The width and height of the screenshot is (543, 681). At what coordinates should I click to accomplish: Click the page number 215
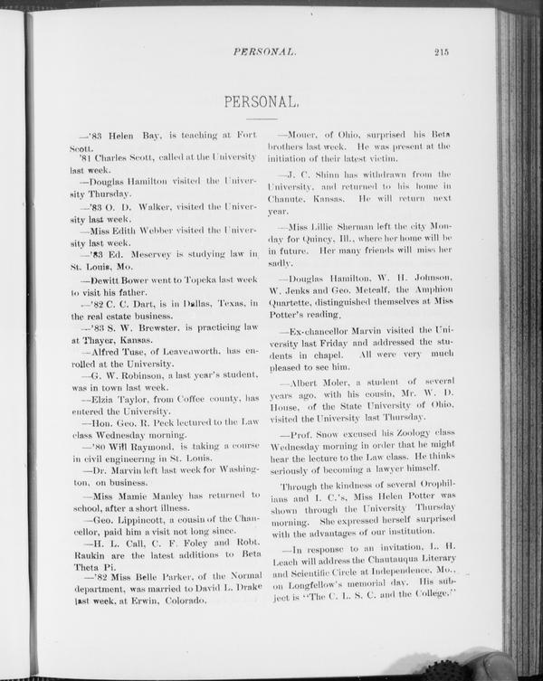pos(442,52)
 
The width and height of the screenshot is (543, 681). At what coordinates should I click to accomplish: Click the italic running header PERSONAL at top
pos(264,52)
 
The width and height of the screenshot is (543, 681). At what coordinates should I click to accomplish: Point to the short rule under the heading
pos(262,118)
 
